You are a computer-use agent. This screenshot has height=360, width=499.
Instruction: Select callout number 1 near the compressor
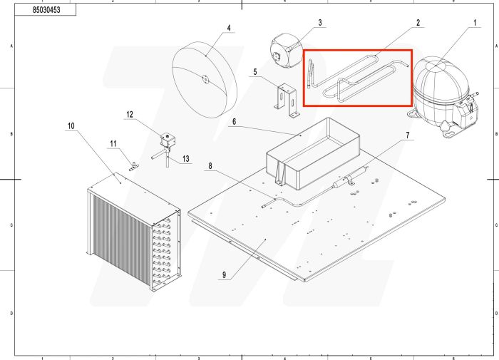474,23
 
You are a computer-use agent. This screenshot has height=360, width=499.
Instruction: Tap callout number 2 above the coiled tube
418,23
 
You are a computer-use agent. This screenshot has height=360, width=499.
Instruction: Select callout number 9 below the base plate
71,126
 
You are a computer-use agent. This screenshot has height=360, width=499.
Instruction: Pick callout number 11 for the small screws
130,114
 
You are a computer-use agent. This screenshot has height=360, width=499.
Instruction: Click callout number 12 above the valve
186,158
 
